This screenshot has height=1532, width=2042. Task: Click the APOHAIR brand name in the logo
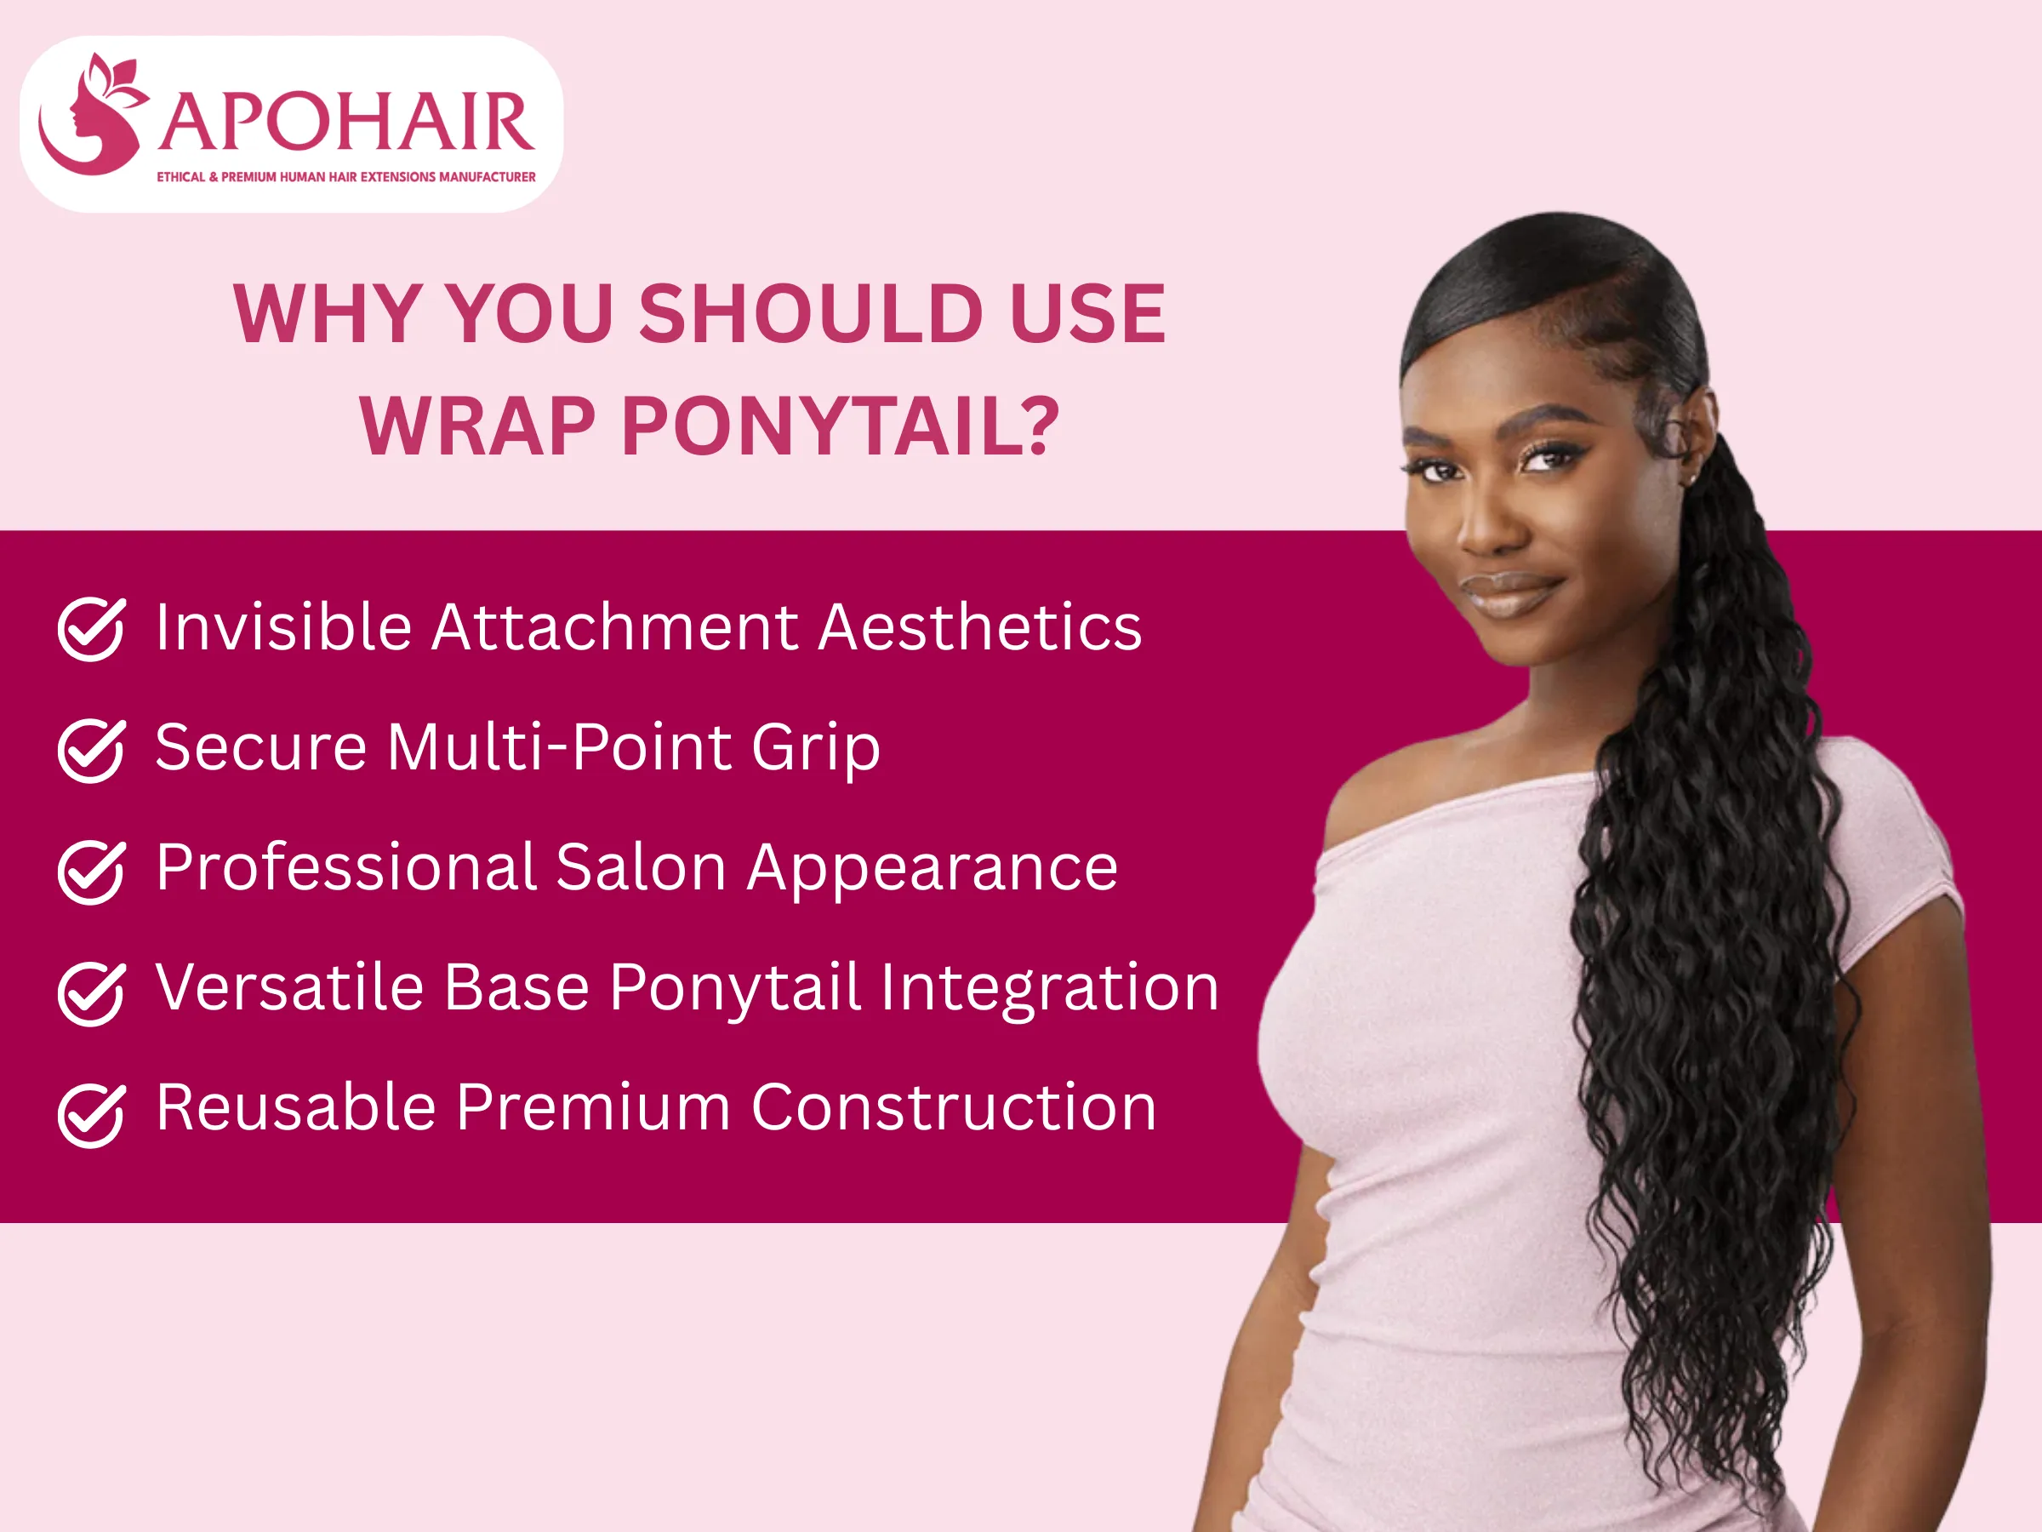[346, 123]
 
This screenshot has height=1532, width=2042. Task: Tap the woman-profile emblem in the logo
[92, 116]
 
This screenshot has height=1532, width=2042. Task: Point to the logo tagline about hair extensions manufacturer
[346, 176]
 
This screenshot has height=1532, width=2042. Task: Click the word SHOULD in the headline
[812, 314]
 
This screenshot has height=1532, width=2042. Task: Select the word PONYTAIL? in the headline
[840, 426]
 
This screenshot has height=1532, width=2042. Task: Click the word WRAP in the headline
[477, 426]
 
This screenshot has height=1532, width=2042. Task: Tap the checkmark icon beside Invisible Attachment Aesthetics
[91, 629]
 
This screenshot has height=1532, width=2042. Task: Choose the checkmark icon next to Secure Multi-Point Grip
[91, 750]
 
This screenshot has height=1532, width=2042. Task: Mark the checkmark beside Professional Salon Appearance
[91, 871]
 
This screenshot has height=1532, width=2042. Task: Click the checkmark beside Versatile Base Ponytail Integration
[91, 992]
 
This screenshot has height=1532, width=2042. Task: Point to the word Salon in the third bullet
[641, 868]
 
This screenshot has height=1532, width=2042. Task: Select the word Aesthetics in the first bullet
[980, 627]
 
